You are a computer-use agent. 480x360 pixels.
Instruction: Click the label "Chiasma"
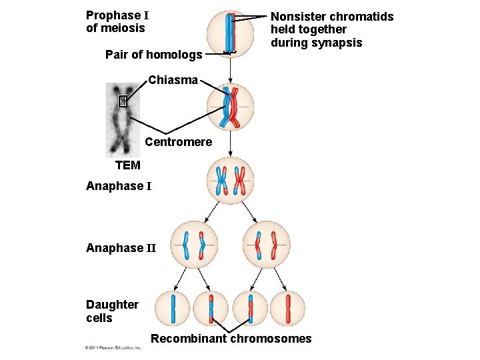pos(173,80)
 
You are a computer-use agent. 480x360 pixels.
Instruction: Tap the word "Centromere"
pos(178,142)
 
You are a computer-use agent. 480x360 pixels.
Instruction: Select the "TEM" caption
pos(128,165)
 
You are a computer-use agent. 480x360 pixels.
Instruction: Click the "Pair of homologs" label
pos(153,55)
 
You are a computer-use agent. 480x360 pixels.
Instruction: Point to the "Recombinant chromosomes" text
pos(231,339)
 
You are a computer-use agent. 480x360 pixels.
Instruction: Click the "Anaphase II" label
pos(120,248)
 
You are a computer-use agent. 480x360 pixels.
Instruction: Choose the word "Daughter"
pos(112,305)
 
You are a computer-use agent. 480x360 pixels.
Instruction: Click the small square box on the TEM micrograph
pos(122,101)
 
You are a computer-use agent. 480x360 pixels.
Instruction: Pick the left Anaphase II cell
pos(193,245)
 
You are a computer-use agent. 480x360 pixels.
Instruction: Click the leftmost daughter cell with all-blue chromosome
pos(173,309)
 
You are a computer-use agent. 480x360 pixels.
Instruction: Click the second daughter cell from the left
pos(211,309)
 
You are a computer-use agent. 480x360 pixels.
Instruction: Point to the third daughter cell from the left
pos(251,309)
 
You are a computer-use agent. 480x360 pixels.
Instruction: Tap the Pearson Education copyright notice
pos(113,348)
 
